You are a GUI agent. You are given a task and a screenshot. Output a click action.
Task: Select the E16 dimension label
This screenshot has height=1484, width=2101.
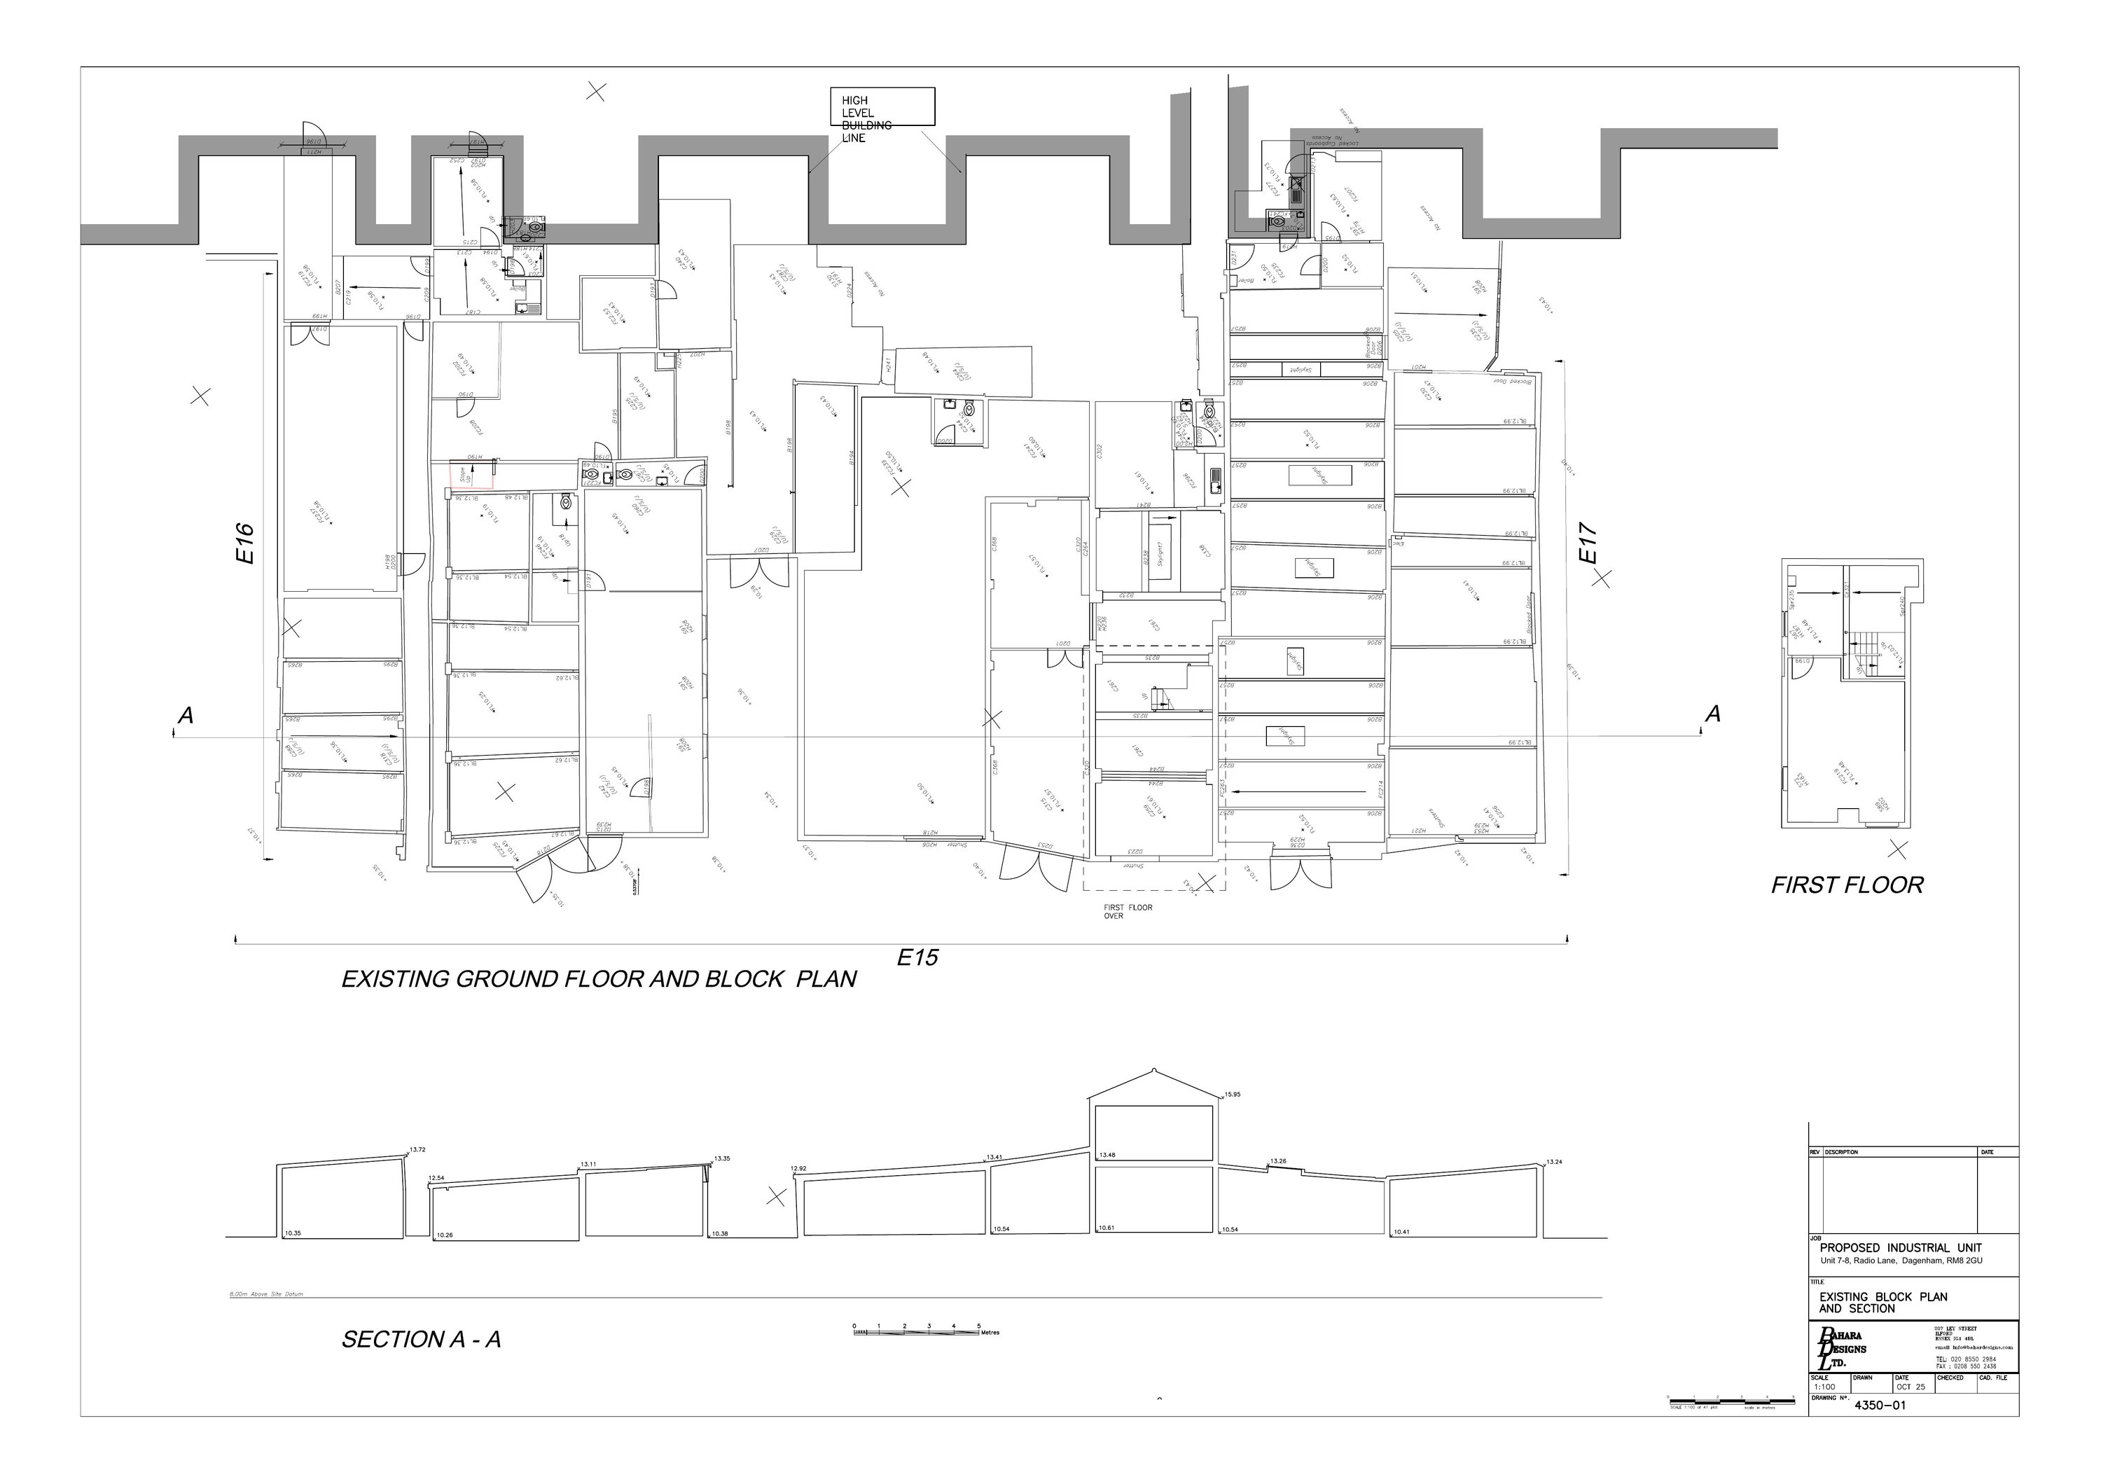[x=244, y=543]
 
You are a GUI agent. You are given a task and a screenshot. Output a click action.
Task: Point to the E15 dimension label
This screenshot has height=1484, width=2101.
[x=917, y=958]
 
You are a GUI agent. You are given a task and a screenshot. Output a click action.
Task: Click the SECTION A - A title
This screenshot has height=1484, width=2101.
[x=421, y=1340]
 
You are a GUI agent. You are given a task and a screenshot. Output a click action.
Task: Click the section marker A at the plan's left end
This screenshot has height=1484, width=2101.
[x=186, y=716]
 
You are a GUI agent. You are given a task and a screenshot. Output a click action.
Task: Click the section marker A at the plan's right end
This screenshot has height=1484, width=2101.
[x=1713, y=714]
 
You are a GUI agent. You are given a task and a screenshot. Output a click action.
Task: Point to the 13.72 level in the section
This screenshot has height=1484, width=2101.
[x=417, y=1149]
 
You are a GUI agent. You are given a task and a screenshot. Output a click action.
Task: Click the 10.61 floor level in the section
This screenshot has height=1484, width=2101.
[x=1107, y=1228]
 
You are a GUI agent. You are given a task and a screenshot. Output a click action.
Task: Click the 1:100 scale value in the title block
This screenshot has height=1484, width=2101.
[x=1824, y=1387]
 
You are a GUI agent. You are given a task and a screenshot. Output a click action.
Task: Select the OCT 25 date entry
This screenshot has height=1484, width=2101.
[x=1911, y=1387]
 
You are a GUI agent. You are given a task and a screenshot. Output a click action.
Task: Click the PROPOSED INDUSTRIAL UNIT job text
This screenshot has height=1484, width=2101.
[x=1900, y=1248]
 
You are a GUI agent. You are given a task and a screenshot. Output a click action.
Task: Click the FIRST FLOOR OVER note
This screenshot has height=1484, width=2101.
[x=1128, y=911]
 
